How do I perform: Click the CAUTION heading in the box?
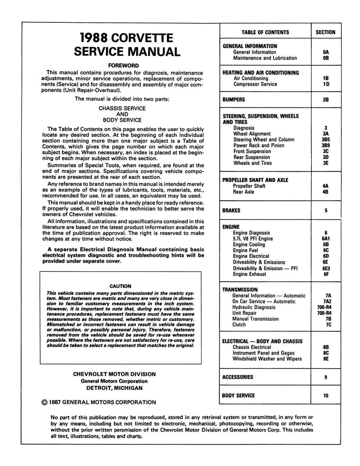pos(121,286)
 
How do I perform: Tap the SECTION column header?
pos(325,32)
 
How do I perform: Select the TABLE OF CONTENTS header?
pos(265,32)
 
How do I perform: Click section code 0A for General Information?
pos(325,52)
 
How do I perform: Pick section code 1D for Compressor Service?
pos(325,84)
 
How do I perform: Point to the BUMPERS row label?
pos(233,100)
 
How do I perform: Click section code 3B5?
pos(325,140)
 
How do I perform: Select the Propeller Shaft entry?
pos(249,186)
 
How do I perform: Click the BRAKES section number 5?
pos(326,211)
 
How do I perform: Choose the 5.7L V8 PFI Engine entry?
pos(253,238)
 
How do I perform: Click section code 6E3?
pos(325,268)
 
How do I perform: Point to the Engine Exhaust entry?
pos(250,274)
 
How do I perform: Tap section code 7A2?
pos(325,301)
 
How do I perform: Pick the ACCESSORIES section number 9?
pos(326,377)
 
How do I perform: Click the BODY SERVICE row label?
pos(238,395)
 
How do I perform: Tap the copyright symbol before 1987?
pos(44,402)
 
